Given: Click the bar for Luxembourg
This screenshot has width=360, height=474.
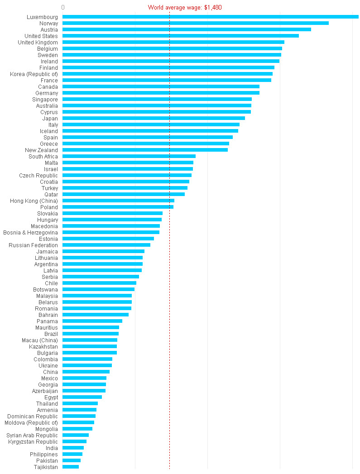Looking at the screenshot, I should coord(211,17).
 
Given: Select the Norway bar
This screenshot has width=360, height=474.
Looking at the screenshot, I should coord(196,23).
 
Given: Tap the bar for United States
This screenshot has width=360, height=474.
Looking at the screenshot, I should coord(181,36).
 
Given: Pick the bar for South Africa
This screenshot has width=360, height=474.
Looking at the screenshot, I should coord(129,156).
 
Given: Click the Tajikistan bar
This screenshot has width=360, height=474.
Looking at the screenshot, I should coord(71,467).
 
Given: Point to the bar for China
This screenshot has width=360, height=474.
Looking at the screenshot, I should coord(86,372).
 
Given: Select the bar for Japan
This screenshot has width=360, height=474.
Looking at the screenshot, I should coord(154,118).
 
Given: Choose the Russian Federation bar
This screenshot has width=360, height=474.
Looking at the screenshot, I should coord(106,245).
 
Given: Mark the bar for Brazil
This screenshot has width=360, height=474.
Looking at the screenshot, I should coord(91,334).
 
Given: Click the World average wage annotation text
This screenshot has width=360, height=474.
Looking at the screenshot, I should coord(185,8).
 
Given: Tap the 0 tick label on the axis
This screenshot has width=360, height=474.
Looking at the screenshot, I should coord(62,8).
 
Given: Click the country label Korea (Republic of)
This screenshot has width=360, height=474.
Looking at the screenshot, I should coord(34,74).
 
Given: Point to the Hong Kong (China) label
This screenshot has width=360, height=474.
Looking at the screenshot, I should coord(34,201).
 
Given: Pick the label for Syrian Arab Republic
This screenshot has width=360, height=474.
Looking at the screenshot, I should coord(32,435).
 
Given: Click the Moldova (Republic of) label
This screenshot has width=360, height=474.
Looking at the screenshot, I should coord(31,422).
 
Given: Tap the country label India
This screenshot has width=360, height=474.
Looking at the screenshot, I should coord(52,448).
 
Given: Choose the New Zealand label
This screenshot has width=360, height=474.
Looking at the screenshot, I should coord(41,150).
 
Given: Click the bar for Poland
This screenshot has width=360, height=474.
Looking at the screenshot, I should coord(118,207).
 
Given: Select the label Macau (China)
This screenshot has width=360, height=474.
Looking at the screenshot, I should coord(40,340).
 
